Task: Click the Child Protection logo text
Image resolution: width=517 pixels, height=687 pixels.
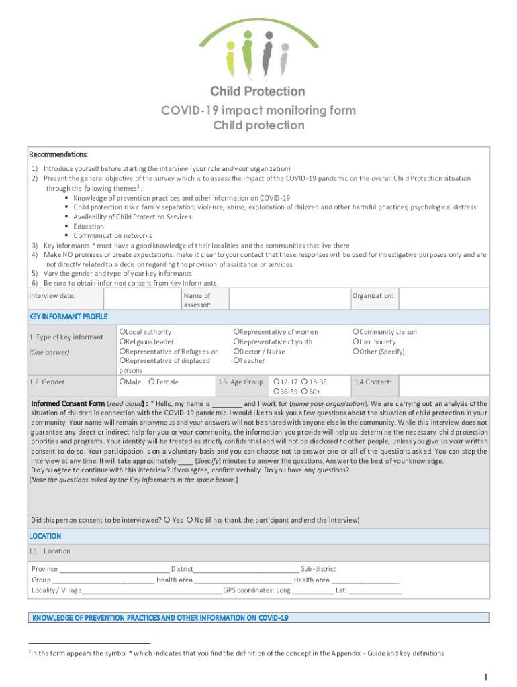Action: click(258, 91)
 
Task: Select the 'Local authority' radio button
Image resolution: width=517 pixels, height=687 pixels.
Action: click(122, 332)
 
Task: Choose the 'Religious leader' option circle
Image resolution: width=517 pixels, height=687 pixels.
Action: click(122, 341)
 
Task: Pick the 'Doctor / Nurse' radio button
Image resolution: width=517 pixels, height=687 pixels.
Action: click(236, 352)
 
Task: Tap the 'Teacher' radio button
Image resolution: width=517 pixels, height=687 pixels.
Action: click(236, 361)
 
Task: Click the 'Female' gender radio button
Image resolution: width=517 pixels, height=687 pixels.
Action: click(152, 382)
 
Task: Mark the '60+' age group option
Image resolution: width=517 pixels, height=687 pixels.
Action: click(305, 392)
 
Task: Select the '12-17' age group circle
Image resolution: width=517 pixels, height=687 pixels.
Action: click(276, 382)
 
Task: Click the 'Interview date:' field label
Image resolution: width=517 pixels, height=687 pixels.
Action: click(52, 296)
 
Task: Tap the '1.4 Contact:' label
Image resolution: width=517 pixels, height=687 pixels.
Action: click(373, 382)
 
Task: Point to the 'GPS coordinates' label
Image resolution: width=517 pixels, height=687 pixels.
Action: click(248, 590)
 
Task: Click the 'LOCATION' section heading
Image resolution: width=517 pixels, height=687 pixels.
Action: click(45, 536)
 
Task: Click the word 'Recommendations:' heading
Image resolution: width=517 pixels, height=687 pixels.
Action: click(58, 154)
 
